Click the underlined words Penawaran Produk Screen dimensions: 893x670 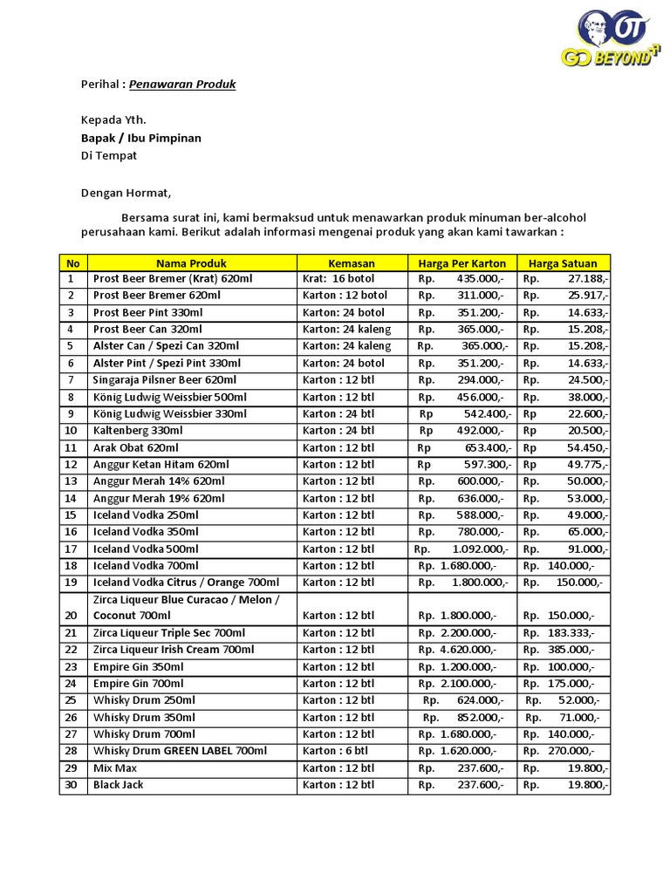point(182,85)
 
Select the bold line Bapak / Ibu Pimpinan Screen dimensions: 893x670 point(140,138)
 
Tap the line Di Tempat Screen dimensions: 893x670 point(108,155)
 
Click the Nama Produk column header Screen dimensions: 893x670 point(191,262)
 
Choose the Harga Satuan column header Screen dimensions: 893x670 point(563,262)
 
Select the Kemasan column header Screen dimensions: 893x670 point(352,262)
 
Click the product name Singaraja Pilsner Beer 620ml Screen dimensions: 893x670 point(165,380)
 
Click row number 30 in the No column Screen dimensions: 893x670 point(72,785)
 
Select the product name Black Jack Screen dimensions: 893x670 point(119,785)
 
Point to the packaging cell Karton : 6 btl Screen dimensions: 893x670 point(336,751)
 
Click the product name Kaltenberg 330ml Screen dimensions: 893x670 point(138,431)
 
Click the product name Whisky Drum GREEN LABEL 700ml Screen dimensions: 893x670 point(180,751)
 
